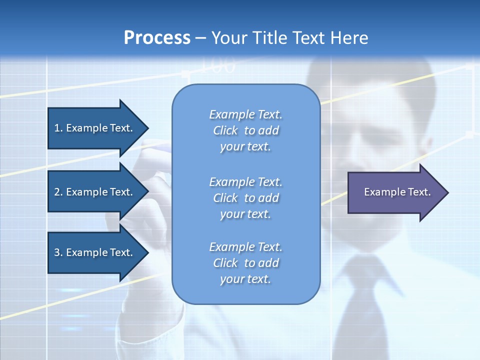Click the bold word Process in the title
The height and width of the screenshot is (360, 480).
coord(157,38)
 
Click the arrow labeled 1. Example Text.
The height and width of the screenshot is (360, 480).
coord(95,128)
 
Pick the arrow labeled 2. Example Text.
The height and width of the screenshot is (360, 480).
coord(95,192)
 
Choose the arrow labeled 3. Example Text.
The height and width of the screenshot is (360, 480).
coord(95,252)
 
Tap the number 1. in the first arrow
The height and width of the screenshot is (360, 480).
coord(58,128)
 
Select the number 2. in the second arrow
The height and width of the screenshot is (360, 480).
coord(58,192)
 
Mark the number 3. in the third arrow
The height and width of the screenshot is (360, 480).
coord(58,252)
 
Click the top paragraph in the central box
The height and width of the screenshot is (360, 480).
coord(245,130)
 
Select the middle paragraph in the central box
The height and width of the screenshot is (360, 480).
coord(245,198)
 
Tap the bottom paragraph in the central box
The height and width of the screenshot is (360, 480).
coord(245,263)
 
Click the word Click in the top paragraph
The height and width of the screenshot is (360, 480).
coord(225,131)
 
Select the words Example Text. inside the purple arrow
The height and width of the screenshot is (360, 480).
coord(397,192)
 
